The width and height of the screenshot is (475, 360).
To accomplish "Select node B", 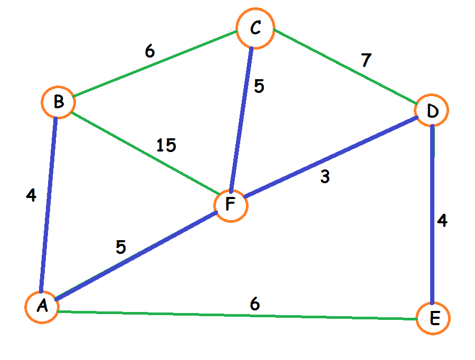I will pyautogui.click(x=58, y=102).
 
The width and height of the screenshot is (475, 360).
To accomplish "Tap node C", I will pyautogui.click(x=255, y=27).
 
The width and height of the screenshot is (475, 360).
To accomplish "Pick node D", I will pyautogui.click(x=432, y=111).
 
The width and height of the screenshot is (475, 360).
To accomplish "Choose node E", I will pyautogui.click(x=433, y=318).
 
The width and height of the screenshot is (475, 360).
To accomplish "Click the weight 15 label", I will pyautogui.click(x=166, y=145).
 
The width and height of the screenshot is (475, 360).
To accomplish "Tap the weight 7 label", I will pyautogui.click(x=366, y=61).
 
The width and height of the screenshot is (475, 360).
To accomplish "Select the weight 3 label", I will pyautogui.click(x=325, y=177).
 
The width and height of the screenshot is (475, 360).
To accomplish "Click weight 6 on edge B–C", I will pyautogui.click(x=150, y=51).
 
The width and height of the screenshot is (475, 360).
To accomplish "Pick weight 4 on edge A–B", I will pyautogui.click(x=31, y=195).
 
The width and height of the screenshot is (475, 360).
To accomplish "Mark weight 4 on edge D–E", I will pyautogui.click(x=442, y=221).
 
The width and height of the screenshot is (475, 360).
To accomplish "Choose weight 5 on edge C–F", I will pyautogui.click(x=259, y=86).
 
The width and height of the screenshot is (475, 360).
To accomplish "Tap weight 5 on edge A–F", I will pyautogui.click(x=121, y=247).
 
